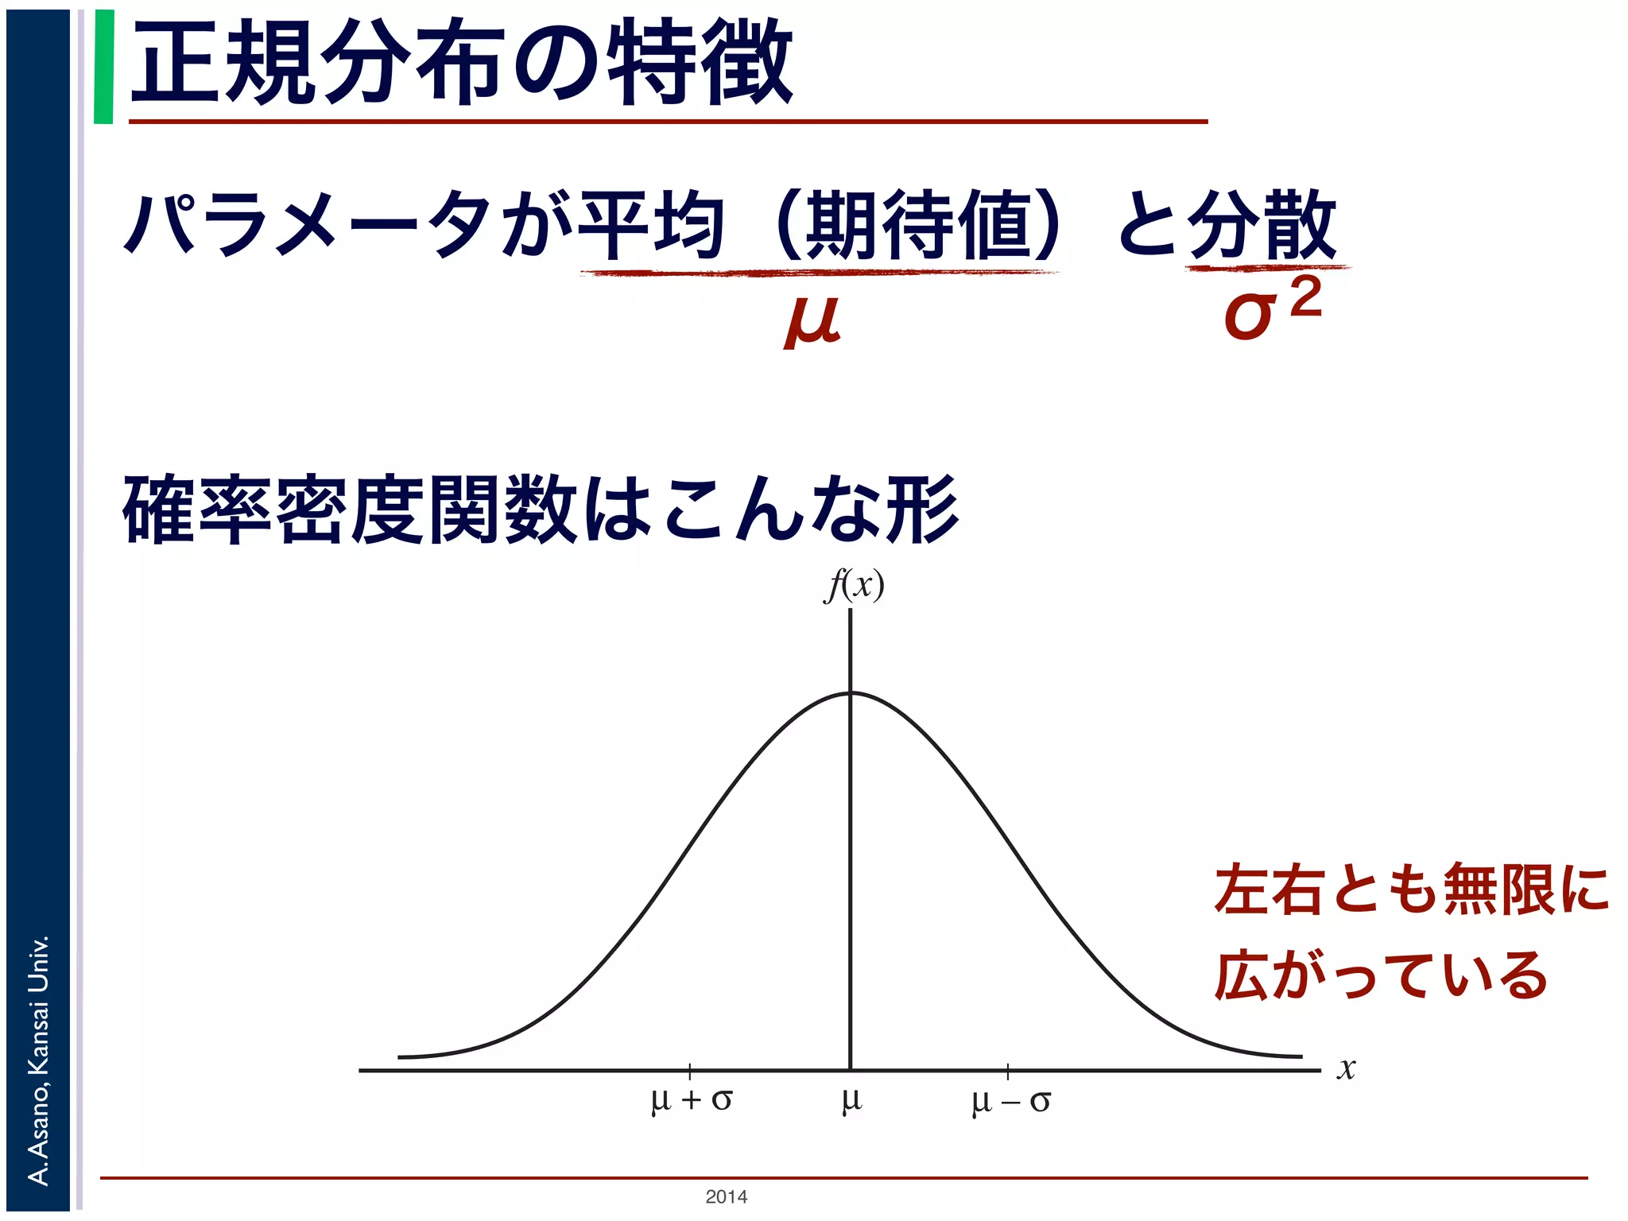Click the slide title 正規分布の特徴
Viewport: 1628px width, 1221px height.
[461, 64]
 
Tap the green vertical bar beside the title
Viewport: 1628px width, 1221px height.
[103, 67]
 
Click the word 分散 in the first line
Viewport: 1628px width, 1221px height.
[1262, 225]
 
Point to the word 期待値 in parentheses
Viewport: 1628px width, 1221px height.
[918, 225]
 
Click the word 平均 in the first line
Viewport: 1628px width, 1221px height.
[652, 225]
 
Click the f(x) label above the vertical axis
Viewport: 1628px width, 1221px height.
[854, 587]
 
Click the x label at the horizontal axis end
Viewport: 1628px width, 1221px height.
[1345, 1068]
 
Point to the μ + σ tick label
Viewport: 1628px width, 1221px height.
[691, 1100]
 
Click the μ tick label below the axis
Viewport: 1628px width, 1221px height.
[851, 1100]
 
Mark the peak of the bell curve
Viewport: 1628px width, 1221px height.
[851, 693]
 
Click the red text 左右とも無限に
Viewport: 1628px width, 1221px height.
[1411, 890]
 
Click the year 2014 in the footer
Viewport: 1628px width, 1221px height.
[726, 1196]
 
